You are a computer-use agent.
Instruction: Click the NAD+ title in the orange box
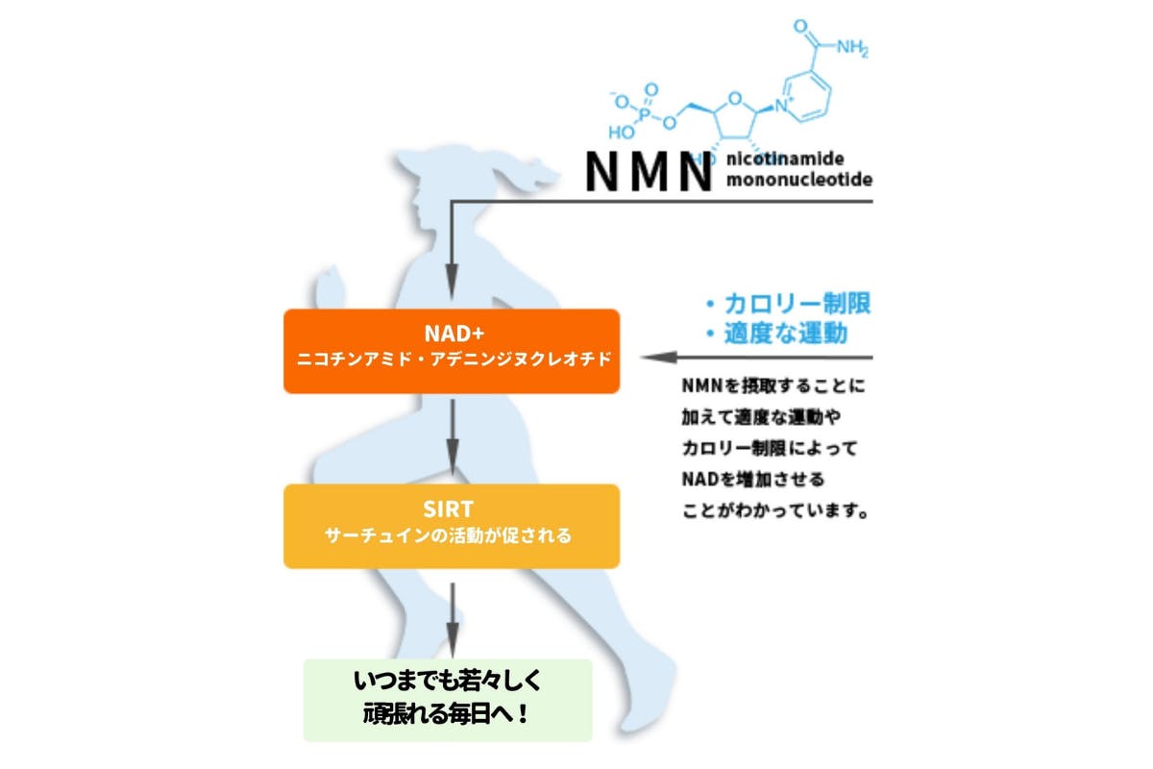[x=452, y=334]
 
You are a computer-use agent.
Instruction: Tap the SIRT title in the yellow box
[x=452, y=509]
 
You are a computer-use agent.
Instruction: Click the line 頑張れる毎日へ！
[x=448, y=715]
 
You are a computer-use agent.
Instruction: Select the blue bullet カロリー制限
[x=787, y=304]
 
